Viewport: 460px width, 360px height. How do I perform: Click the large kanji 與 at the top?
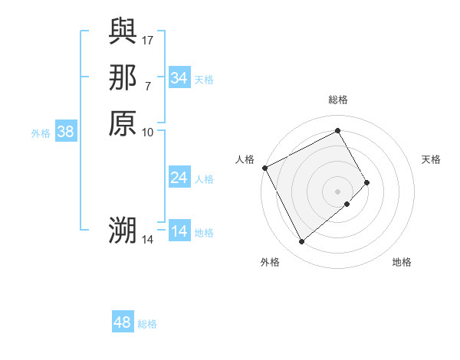123,32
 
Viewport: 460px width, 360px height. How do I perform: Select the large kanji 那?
123,77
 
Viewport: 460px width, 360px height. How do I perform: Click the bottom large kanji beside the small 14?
123,229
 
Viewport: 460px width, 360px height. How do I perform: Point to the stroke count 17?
148,38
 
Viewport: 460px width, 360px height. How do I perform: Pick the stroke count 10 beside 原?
148,132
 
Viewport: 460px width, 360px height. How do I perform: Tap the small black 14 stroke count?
148,239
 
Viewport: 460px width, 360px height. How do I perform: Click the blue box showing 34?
179,78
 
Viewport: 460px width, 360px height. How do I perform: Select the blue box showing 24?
179,178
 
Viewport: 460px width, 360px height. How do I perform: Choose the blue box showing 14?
179,231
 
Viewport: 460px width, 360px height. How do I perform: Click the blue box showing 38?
66,132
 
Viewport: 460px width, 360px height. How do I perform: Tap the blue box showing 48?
123,322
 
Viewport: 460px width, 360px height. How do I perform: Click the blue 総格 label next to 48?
147,324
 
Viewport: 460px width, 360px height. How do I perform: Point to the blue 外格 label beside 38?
41,133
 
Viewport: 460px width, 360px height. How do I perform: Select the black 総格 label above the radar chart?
338,100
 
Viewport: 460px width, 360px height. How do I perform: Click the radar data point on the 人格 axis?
264,168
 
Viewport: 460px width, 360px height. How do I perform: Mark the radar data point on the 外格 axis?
301,242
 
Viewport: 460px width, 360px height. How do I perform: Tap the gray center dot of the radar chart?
337,191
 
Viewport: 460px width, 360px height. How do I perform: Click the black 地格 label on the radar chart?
402,262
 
